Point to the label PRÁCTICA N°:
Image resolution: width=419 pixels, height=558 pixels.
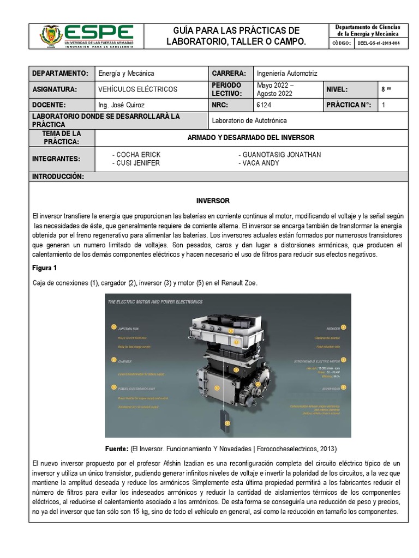(349, 105)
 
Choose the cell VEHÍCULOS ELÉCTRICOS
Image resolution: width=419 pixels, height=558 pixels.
(137, 89)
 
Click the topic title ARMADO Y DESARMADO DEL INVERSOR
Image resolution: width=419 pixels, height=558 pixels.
(251, 137)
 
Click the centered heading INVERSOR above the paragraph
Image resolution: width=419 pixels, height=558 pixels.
(213, 201)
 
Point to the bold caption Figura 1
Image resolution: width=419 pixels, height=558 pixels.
(45, 269)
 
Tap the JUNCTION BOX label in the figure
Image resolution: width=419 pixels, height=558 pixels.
(129, 329)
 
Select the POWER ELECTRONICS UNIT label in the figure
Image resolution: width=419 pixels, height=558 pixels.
(137, 388)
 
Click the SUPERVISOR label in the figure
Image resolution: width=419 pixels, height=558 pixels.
(333, 389)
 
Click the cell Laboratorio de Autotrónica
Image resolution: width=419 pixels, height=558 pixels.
(249, 120)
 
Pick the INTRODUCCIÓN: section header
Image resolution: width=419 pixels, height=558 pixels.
(58, 177)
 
